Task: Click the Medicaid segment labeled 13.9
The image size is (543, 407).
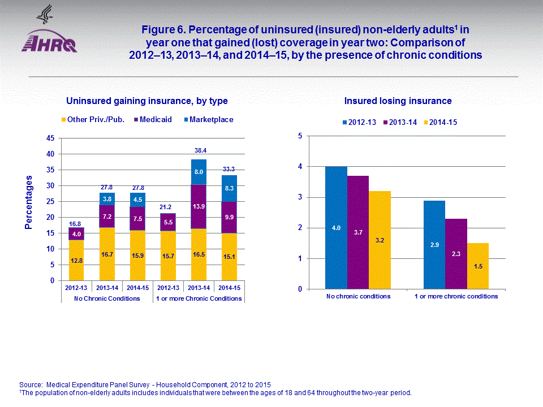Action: (199, 206)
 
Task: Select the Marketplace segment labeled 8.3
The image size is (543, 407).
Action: (229, 188)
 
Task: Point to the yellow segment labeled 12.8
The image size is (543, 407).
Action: (76, 260)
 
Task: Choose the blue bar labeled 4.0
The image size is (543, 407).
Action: (336, 228)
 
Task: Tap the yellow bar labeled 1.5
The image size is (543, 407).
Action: (477, 266)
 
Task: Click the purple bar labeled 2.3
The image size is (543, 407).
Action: (456, 254)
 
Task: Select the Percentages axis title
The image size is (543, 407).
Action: (28, 202)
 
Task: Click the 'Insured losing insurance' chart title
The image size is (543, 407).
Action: (398, 101)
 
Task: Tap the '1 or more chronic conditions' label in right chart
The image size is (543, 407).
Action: (456, 296)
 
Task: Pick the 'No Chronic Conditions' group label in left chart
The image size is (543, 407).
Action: (107, 298)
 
